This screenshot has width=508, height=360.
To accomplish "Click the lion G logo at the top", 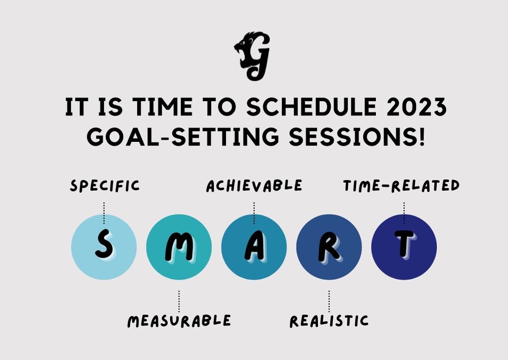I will [x=252, y=56].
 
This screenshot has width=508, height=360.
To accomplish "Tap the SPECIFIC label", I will [x=105, y=186].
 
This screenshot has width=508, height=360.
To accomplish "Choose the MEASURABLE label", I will [x=179, y=321].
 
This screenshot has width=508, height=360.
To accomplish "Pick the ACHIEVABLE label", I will [x=254, y=186].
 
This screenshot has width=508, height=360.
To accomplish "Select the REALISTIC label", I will [x=329, y=321].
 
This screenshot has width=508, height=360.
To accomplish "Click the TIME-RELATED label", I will [x=401, y=186].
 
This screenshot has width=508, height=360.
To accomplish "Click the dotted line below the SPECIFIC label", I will [x=104, y=213].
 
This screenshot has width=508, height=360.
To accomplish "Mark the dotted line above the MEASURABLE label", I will [x=179, y=301].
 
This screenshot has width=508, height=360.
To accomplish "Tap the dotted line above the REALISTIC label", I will [x=329, y=301].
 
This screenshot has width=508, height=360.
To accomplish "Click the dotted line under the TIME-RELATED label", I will [x=404, y=213].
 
